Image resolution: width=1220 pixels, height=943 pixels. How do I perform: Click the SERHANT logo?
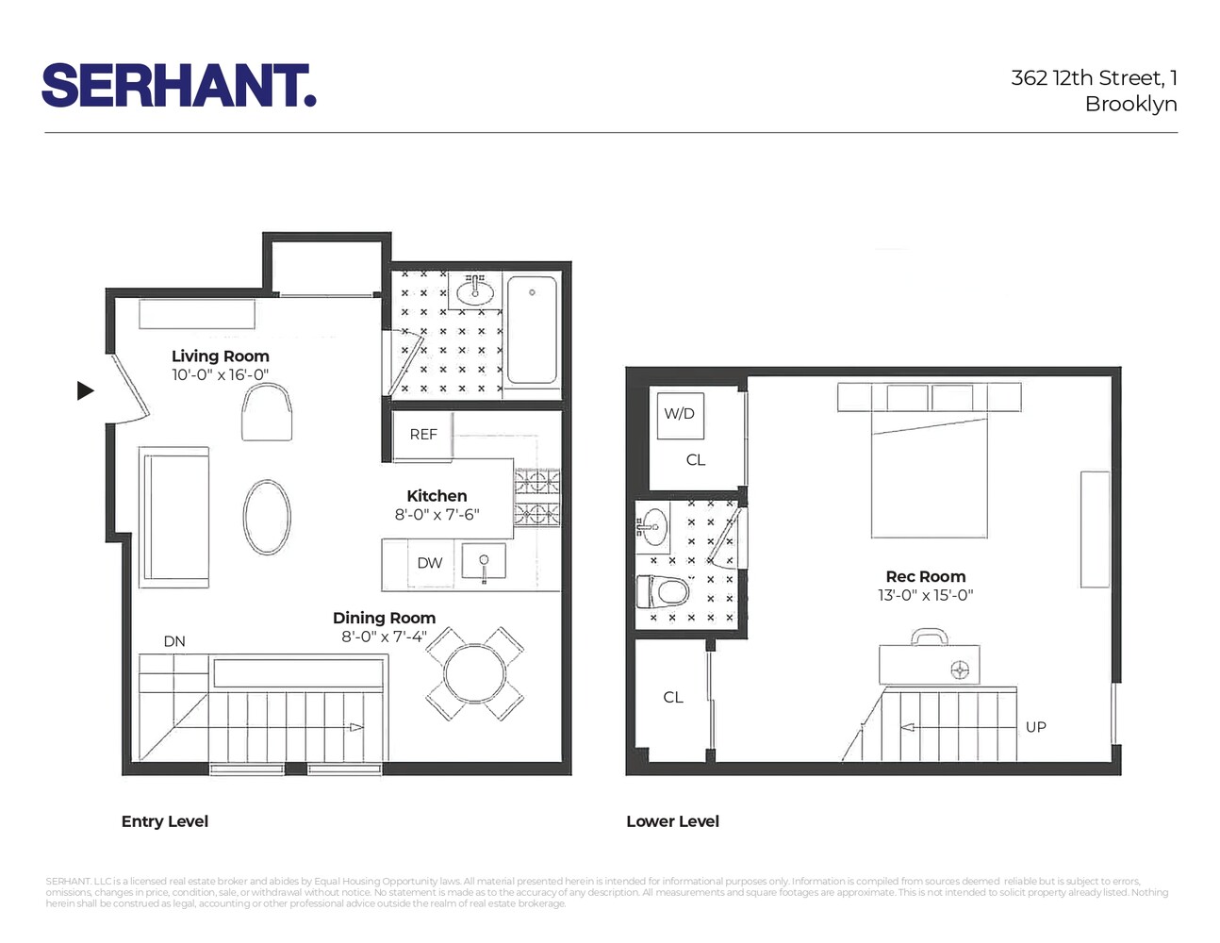179,86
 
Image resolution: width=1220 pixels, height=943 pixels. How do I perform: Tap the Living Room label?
221,356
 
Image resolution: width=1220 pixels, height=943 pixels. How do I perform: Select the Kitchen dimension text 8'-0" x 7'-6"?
437,515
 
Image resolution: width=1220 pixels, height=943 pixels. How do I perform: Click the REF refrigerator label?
423,435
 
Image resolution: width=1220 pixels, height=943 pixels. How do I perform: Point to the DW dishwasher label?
430,563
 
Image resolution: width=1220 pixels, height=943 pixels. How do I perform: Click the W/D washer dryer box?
679,414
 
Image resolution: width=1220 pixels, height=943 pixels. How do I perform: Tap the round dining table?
475,672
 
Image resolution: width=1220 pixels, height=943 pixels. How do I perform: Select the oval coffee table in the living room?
267,518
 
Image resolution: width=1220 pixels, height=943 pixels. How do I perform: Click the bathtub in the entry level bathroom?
532,329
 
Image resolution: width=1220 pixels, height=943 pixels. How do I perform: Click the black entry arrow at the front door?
86,390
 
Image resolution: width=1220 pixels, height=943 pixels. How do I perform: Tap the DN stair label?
174,641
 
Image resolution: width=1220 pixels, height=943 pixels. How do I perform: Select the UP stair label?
1035,727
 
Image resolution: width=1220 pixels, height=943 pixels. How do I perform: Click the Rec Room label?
925,577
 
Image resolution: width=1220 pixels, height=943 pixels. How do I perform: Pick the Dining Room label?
384,619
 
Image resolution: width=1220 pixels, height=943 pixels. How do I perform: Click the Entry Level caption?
165,821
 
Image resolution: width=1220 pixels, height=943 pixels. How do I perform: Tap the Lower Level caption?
672,821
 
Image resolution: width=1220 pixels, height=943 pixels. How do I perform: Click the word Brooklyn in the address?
1130,104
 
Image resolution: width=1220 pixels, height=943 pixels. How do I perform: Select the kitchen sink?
484,562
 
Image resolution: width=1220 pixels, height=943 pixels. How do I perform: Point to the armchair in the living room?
267,415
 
